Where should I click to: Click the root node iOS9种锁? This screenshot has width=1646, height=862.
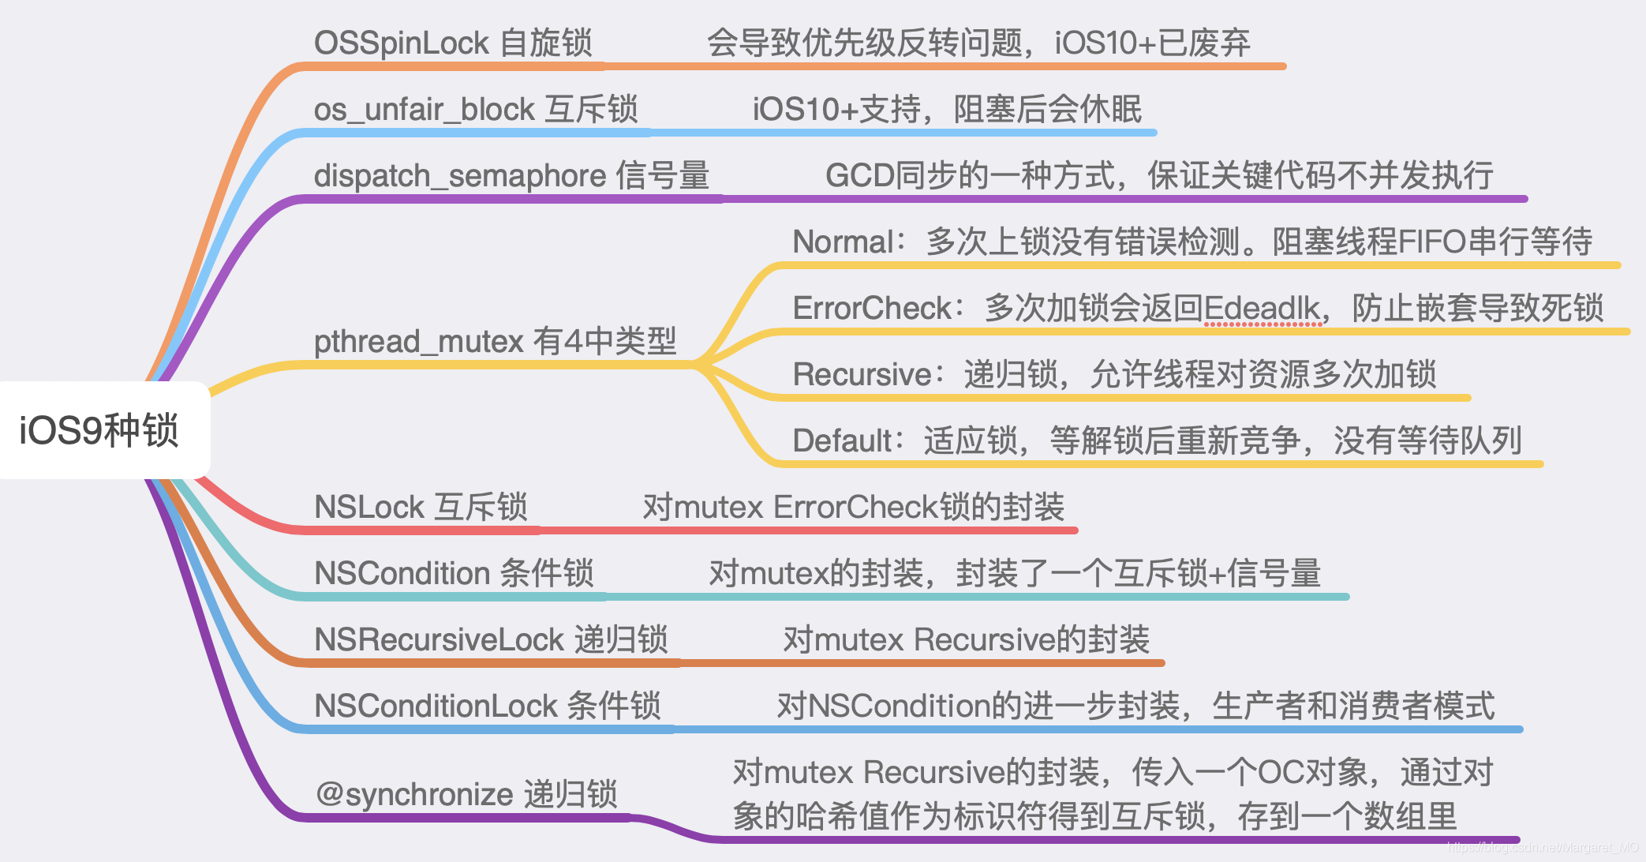(x=99, y=430)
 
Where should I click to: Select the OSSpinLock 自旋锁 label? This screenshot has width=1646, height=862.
(x=452, y=43)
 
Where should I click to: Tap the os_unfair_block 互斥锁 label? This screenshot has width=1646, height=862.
(x=475, y=110)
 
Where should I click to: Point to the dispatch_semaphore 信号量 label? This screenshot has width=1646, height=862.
(x=511, y=176)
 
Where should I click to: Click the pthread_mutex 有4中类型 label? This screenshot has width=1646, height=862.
(x=495, y=342)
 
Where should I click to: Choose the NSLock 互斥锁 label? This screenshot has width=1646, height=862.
(x=420, y=508)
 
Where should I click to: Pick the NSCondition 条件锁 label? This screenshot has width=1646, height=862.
(x=453, y=574)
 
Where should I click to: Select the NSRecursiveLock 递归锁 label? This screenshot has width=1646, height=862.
(x=490, y=640)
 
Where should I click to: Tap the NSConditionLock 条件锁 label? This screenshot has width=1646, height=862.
(x=487, y=706)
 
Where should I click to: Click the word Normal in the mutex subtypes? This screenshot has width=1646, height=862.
(x=843, y=242)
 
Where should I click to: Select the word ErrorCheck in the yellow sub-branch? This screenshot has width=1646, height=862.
(x=873, y=309)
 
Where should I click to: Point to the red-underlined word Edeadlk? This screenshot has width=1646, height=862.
(x=1261, y=309)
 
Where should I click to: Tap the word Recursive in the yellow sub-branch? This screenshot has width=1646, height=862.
(x=862, y=375)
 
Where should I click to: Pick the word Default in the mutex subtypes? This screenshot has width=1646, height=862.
(x=842, y=441)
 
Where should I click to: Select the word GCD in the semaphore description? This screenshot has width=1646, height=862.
(x=859, y=176)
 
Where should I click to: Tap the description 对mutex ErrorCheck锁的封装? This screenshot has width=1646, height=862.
(x=853, y=508)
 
